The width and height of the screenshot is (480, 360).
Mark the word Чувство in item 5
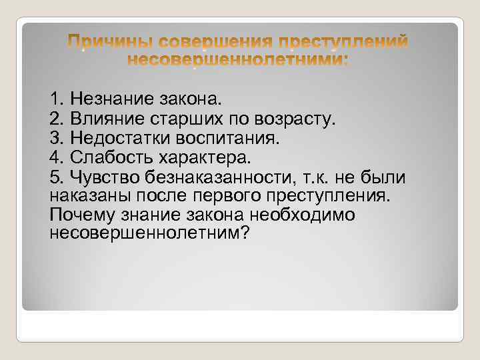click(102, 177)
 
